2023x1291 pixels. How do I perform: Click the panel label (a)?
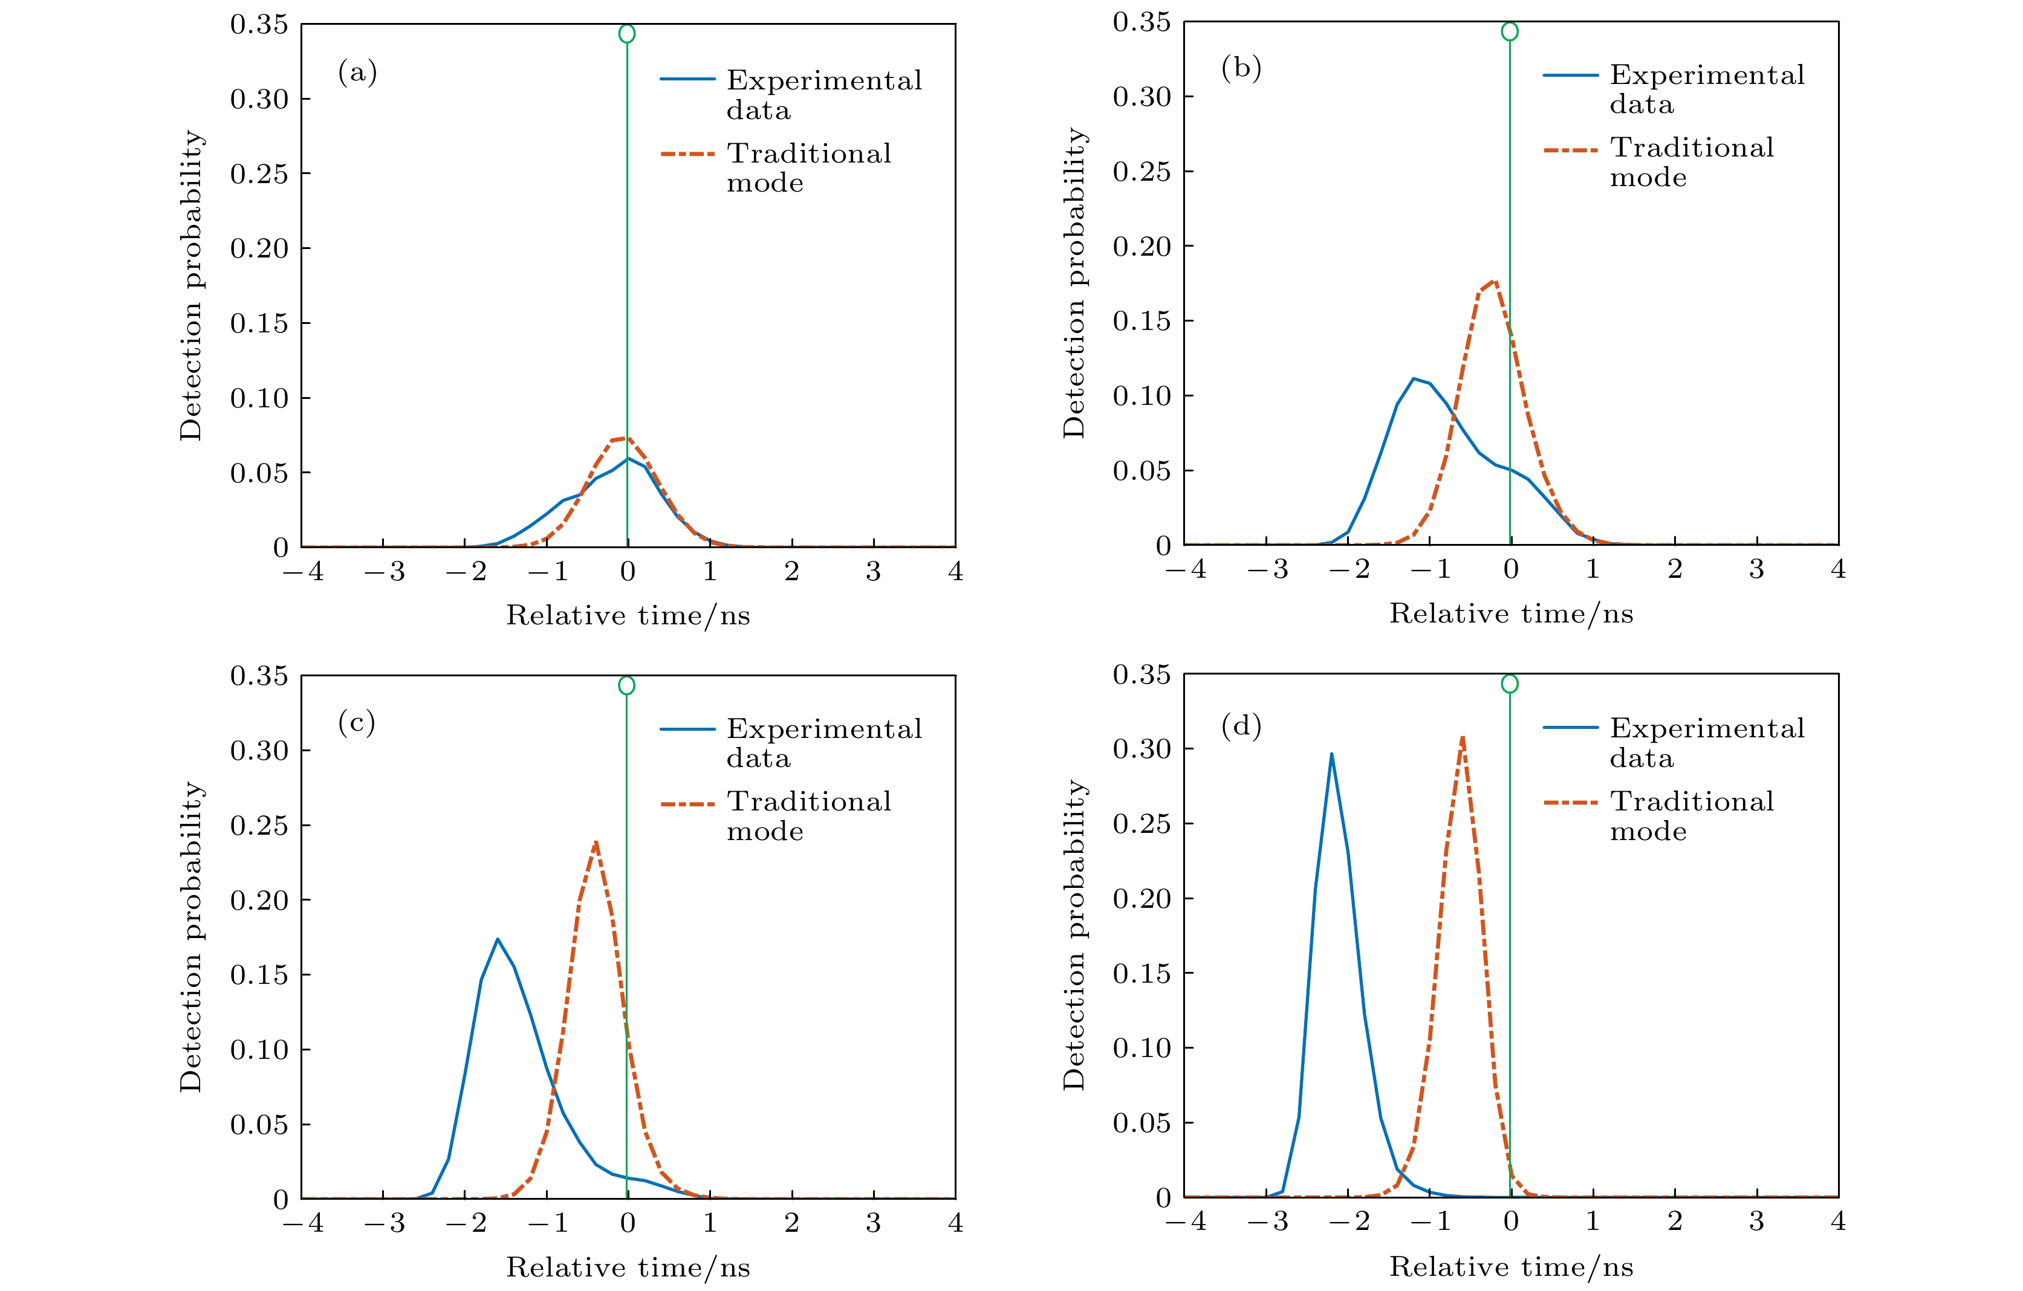357,73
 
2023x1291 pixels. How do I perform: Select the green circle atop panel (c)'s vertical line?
627,685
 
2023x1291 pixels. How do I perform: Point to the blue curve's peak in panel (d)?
1331,754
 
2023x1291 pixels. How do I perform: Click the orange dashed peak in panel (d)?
1463,737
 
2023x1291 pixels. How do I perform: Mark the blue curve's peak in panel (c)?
498,939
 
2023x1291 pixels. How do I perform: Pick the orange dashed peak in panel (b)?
1495,280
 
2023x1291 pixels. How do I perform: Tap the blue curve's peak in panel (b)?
1414,379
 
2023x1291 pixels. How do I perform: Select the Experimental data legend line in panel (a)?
687,79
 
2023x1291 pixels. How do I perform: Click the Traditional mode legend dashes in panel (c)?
687,804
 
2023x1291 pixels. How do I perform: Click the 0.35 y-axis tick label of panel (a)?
259,24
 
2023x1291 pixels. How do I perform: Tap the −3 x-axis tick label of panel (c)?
385,1223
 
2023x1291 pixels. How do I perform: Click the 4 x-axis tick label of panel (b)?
1838,569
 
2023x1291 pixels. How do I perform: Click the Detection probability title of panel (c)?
192,937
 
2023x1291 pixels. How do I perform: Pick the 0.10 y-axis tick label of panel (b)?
1141,396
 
